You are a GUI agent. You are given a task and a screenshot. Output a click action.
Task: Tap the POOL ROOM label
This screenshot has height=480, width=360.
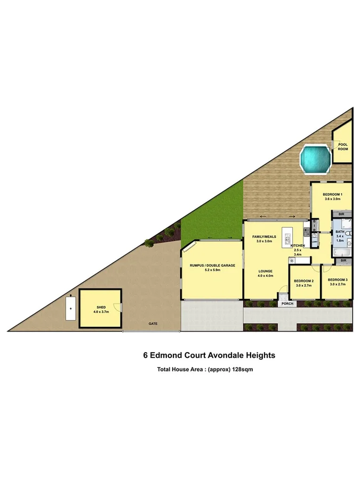[342, 146]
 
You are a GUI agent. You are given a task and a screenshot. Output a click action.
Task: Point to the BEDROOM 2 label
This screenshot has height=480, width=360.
[305, 281]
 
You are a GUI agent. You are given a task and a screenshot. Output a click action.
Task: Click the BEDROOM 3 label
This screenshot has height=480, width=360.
[338, 280]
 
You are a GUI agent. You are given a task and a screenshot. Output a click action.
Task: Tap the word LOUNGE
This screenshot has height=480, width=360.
[266, 271]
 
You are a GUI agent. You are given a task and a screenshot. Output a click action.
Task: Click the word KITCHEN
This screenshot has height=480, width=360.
[298, 245]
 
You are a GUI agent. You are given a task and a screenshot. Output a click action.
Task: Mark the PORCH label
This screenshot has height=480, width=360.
[288, 303]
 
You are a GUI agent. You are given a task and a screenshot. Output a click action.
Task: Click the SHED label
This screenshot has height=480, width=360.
[101, 307]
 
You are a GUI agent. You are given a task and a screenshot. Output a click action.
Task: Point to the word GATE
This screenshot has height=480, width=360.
[153, 324]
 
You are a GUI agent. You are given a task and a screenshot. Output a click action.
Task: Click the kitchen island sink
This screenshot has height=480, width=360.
[289, 235]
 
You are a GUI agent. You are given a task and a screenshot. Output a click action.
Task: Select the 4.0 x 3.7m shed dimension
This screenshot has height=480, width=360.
[101, 312]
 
